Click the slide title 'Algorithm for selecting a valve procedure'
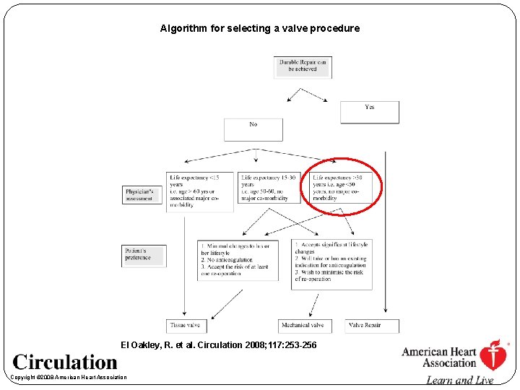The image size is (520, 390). pyautogui.click(x=259, y=29)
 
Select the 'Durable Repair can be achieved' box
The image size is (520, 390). pyautogui.click(x=303, y=66)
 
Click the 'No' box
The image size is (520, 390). pyautogui.click(x=253, y=129)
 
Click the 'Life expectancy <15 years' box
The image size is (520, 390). pyautogui.click(x=200, y=191)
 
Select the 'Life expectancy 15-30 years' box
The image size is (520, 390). pyautogui.click(x=269, y=188)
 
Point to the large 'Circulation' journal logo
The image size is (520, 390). pyautogui.click(x=65, y=362)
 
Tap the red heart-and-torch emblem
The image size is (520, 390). pyautogui.click(x=493, y=355)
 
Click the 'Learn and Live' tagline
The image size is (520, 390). pyautogui.click(x=459, y=381)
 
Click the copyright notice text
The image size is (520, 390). pyautogui.click(x=69, y=377)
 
